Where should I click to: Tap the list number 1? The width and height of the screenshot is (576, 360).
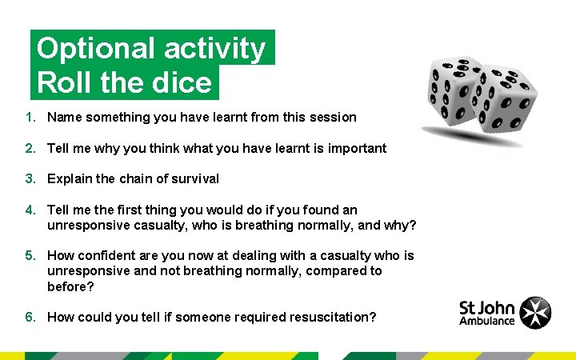click(29, 117)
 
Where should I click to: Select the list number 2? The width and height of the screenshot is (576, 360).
click(29, 148)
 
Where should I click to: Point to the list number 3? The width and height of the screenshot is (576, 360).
click(29, 178)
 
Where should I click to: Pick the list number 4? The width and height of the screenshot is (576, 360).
click(29, 210)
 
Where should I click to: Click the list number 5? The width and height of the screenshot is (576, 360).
click(29, 255)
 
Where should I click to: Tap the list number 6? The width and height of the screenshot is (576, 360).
click(29, 317)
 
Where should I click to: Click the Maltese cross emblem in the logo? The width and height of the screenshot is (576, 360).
click(535, 313)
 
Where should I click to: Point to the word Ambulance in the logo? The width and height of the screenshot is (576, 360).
click(487, 322)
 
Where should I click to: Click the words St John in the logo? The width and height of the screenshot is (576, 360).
click(487, 307)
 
